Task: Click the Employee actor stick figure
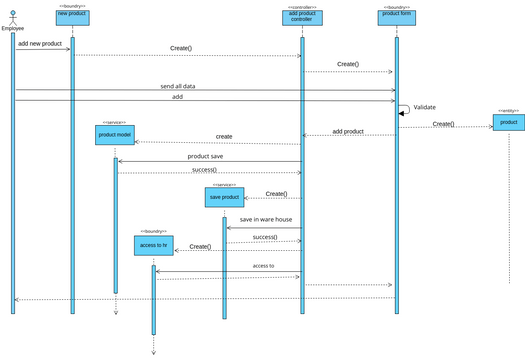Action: (12, 17)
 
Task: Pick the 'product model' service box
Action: (115, 134)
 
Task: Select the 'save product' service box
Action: (224, 198)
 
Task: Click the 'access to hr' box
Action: (153, 245)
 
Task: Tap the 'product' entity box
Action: (508, 122)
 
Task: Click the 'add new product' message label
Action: (41, 44)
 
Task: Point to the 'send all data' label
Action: (178, 87)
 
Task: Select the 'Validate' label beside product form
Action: (424, 106)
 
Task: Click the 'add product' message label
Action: (347, 131)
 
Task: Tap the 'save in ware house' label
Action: (265, 219)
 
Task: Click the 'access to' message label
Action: (263, 266)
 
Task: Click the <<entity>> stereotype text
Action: (508, 111)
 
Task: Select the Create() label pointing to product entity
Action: (443, 124)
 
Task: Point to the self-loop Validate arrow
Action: (404, 110)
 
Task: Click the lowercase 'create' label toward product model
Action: (224, 136)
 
